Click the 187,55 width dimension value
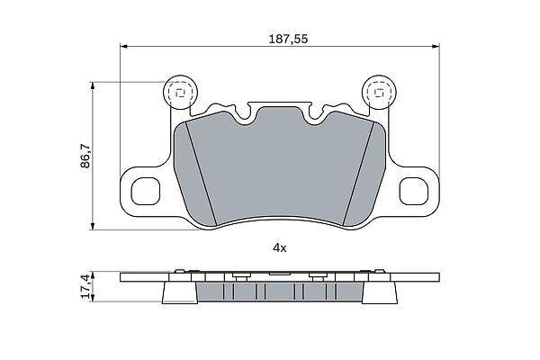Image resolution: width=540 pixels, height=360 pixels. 288,39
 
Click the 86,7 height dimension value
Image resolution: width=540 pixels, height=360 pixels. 85,156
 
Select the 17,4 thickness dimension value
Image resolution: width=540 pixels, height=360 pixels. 86,286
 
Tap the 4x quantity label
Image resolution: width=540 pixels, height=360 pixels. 280,247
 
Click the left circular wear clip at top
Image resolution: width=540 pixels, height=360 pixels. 180,92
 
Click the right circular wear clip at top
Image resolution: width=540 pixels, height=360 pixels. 379,92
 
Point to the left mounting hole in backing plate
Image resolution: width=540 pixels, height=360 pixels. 146,191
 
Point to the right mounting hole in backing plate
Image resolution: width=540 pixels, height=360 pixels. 414,191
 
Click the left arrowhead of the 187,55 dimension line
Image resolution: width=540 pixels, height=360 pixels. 124,46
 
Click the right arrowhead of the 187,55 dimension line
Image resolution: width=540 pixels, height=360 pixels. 436,46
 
